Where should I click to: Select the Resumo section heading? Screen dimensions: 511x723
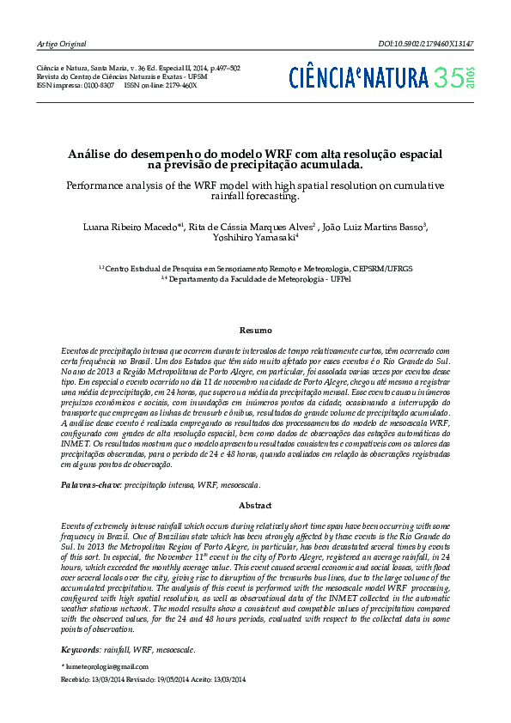coord(255,331)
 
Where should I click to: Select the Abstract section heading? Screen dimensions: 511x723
coord(255,506)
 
